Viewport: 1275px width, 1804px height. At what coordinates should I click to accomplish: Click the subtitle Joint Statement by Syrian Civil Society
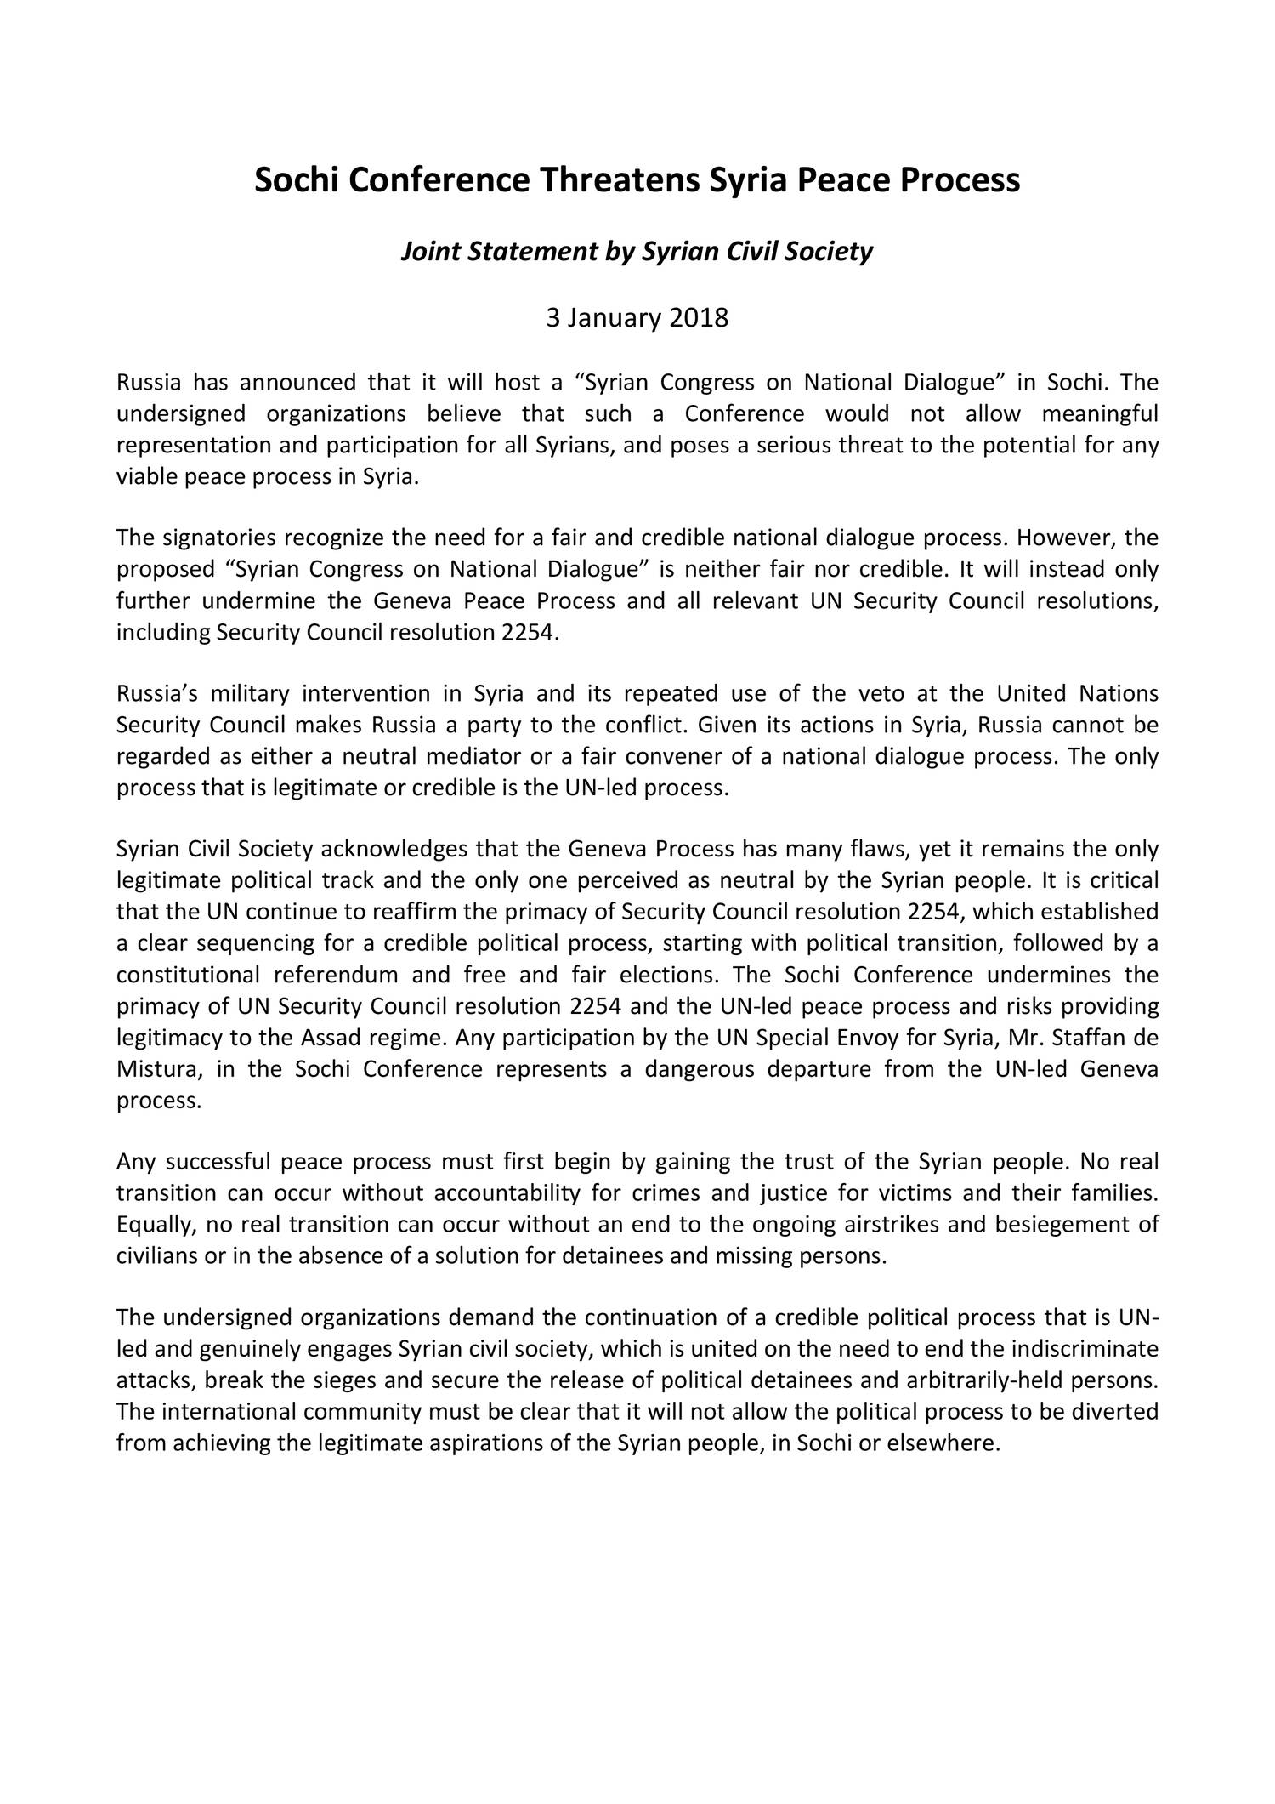637,252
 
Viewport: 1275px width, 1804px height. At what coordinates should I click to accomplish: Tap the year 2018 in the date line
699,318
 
